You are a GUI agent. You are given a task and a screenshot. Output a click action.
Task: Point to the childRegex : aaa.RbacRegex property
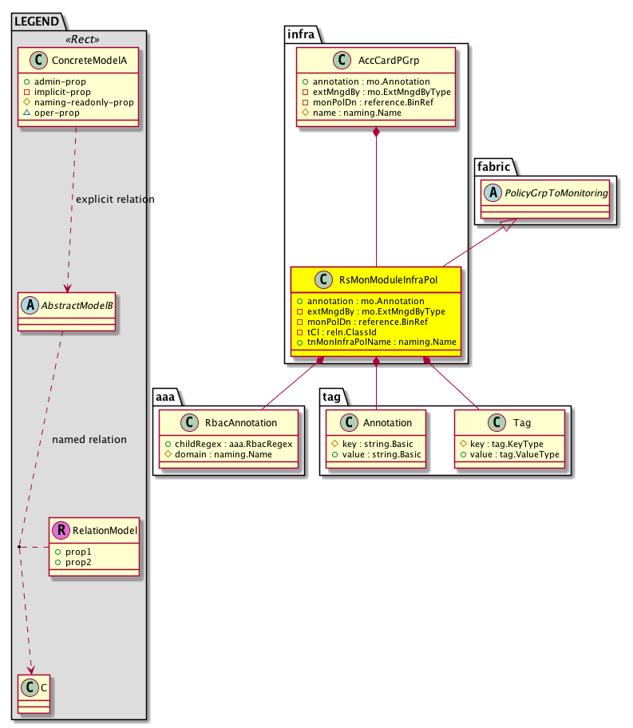point(230,442)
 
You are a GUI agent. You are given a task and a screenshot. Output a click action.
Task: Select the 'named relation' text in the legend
point(89,439)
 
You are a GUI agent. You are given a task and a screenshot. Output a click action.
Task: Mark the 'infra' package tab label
point(301,34)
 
